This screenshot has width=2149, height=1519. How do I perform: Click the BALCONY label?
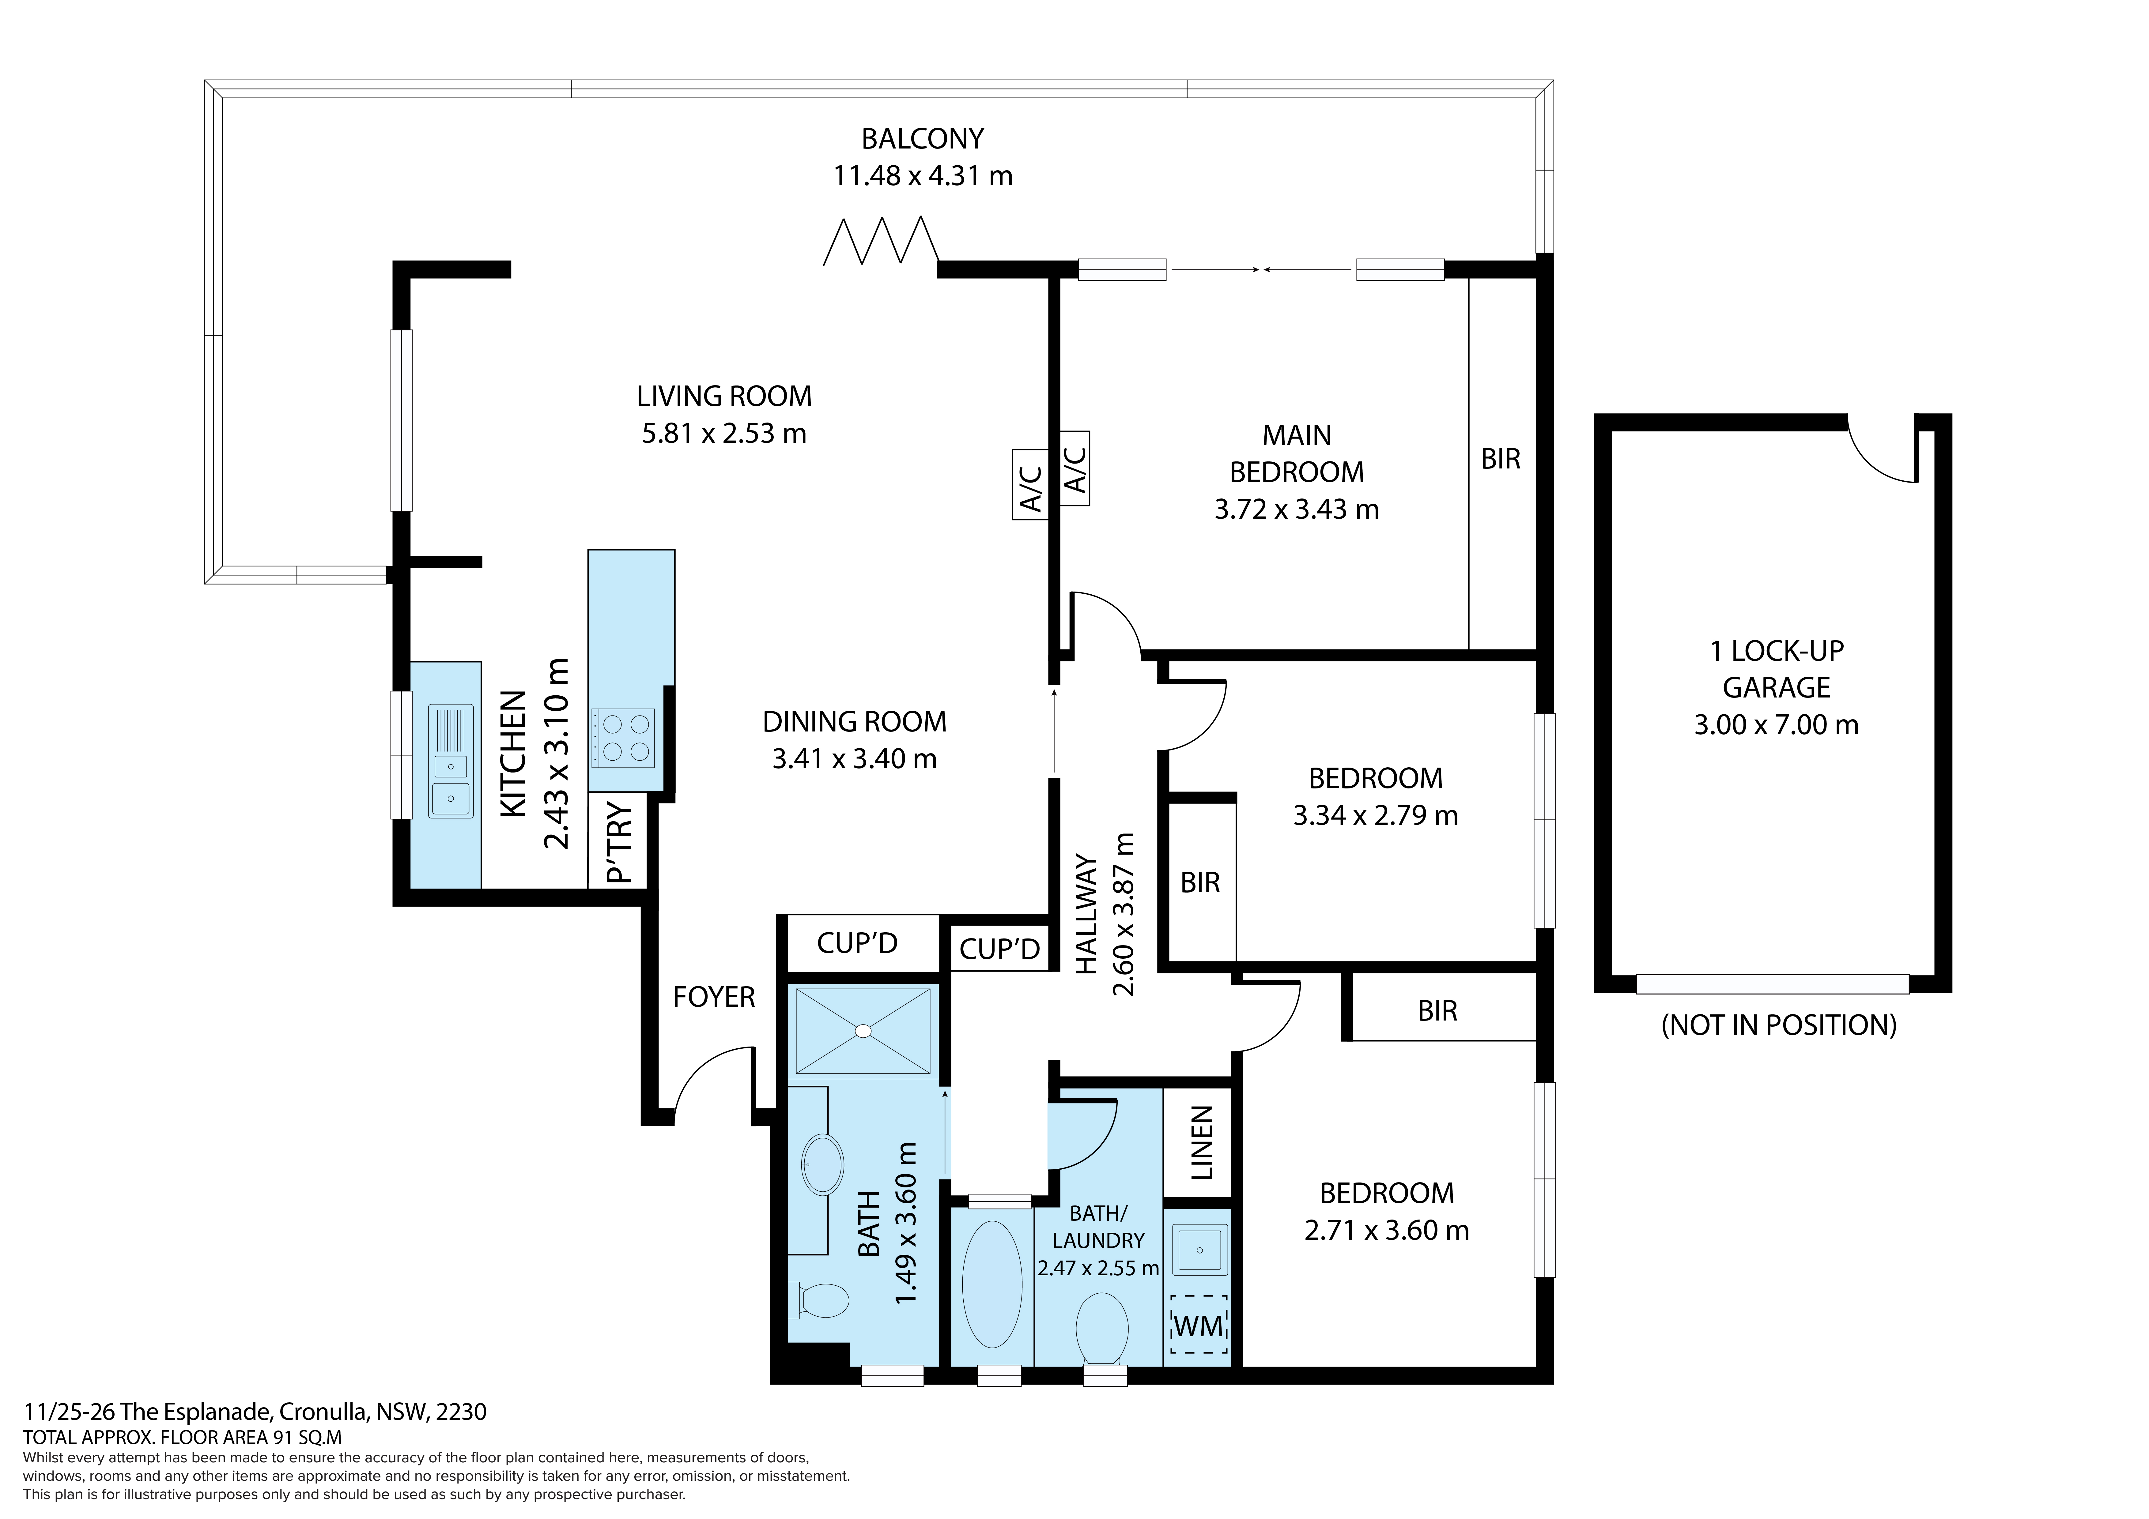(x=922, y=138)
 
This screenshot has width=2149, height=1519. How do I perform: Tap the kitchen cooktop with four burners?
(x=622, y=739)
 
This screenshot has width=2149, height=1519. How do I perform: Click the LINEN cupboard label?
(x=1202, y=1143)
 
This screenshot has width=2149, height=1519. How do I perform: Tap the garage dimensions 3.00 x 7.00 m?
(x=1777, y=724)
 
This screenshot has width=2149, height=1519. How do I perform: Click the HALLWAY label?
(x=1086, y=914)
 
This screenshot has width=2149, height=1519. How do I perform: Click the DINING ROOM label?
(x=855, y=722)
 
